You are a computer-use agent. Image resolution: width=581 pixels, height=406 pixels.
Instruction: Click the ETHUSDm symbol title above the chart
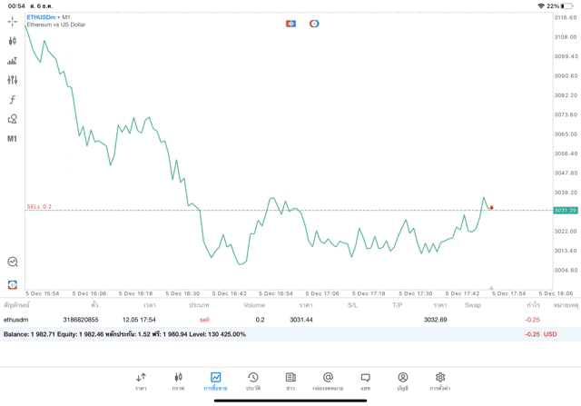tap(44, 16)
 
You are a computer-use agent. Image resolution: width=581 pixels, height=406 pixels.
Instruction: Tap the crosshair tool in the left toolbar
tap(13, 22)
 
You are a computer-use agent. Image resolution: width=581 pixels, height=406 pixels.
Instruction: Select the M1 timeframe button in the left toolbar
tap(13, 139)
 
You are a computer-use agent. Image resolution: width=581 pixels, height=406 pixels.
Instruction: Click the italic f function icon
tap(13, 100)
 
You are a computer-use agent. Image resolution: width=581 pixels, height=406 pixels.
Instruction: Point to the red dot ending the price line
tap(492, 207)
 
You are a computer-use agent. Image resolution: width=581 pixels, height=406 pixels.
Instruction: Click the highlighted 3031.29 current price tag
tap(566, 211)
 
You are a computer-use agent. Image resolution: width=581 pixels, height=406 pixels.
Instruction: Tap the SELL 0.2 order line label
tap(39, 207)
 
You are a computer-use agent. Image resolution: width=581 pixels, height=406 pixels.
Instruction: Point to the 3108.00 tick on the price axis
tap(566, 37)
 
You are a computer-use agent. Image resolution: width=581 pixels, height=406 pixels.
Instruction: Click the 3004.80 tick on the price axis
tap(566, 270)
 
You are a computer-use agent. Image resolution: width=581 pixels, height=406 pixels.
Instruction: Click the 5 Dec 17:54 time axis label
tap(509, 293)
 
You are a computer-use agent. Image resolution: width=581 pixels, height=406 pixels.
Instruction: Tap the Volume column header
tap(254, 305)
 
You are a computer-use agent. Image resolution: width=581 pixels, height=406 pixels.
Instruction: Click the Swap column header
tap(473, 305)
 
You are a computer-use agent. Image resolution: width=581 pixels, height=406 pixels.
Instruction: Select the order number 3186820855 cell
tap(81, 320)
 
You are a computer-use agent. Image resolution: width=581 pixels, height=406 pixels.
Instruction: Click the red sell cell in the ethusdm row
tap(204, 320)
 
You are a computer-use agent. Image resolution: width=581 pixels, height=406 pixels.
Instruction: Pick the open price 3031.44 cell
tap(301, 320)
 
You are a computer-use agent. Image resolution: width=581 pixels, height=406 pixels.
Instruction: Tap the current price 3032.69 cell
tap(436, 320)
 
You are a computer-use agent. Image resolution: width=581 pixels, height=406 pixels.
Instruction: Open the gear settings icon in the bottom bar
tap(440, 381)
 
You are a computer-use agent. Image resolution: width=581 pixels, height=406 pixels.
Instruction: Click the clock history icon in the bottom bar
tap(253, 381)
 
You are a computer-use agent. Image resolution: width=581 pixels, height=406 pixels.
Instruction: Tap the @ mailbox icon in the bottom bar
tap(328, 381)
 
